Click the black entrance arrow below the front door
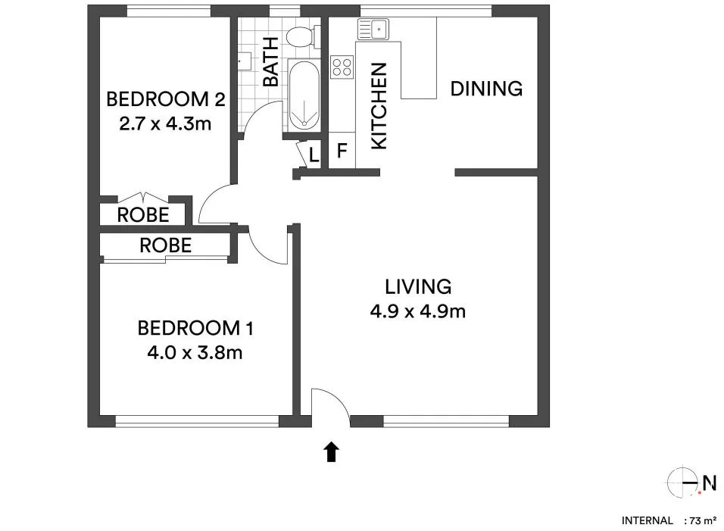pyautogui.click(x=331, y=452)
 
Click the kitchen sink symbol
pyautogui.click(x=373, y=30)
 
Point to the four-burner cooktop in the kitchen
pyautogui.click(x=342, y=67)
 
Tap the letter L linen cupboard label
pyautogui.click(x=314, y=156)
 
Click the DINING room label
pyautogui.click(x=486, y=89)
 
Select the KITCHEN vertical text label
pyautogui.click(x=379, y=106)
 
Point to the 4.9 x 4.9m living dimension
pyautogui.click(x=417, y=311)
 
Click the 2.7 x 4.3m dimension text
pyautogui.click(x=165, y=123)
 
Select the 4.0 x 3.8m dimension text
pyautogui.click(x=195, y=351)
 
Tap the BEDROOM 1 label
pyautogui.click(x=195, y=329)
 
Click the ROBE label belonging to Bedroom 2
pyautogui.click(x=143, y=215)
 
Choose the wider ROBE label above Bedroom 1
pyautogui.click(x=165, y=245)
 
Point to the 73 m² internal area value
pyautogui.click(x=701, y=520)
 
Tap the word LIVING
pyautogui.click(x=418, y=287)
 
